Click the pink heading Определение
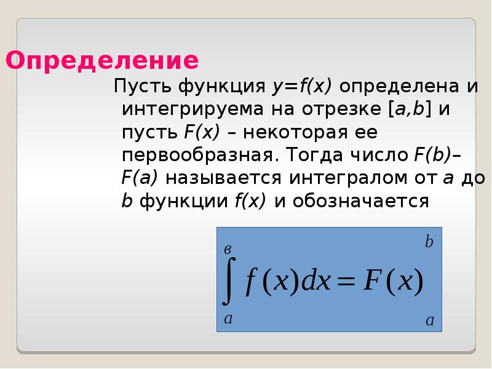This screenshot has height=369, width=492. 102,61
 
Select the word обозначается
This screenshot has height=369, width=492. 359,200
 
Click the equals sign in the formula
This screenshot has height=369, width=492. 346,284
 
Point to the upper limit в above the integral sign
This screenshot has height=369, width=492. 228,249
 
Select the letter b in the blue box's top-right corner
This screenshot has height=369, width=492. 429,242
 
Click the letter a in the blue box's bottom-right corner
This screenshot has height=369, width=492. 429,320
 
